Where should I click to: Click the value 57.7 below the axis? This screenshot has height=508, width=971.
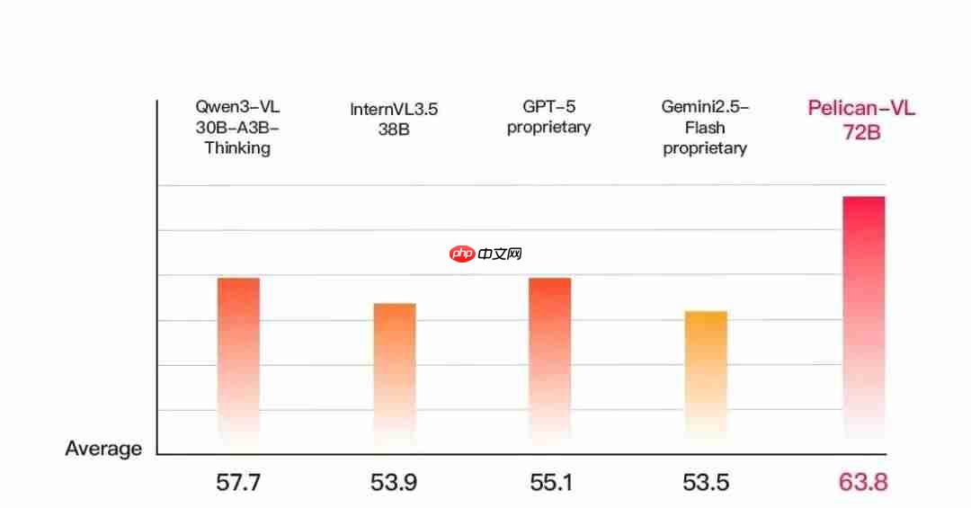tap(238, 483)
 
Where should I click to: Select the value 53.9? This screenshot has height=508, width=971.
tap(394, 483)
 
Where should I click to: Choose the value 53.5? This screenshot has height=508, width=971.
tap(706, 483)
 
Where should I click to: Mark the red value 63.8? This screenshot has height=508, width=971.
tap(863, 483)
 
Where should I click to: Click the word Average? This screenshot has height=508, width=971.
tap(103, 449)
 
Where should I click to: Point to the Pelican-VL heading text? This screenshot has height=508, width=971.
tap(861, 110)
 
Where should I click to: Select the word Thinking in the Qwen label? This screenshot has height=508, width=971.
tap(237, 148)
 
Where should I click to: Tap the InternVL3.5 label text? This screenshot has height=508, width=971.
tap(394, 110)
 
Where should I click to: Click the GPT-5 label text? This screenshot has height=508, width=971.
tap(548, 106)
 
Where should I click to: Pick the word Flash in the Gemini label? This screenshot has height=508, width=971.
tap(705, 128)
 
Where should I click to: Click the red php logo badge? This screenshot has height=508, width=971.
tap(462, 254)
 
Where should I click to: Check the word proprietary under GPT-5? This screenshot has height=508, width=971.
tap(548, 127)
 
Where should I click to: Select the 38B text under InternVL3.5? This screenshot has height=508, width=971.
tap(394, 130)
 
